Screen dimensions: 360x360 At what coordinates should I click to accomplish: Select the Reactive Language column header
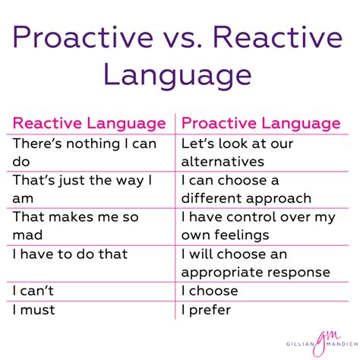pos(90,123)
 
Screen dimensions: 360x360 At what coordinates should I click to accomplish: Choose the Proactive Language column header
pos(261,123)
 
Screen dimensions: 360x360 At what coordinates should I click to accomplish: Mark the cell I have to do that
pos(70,254)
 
